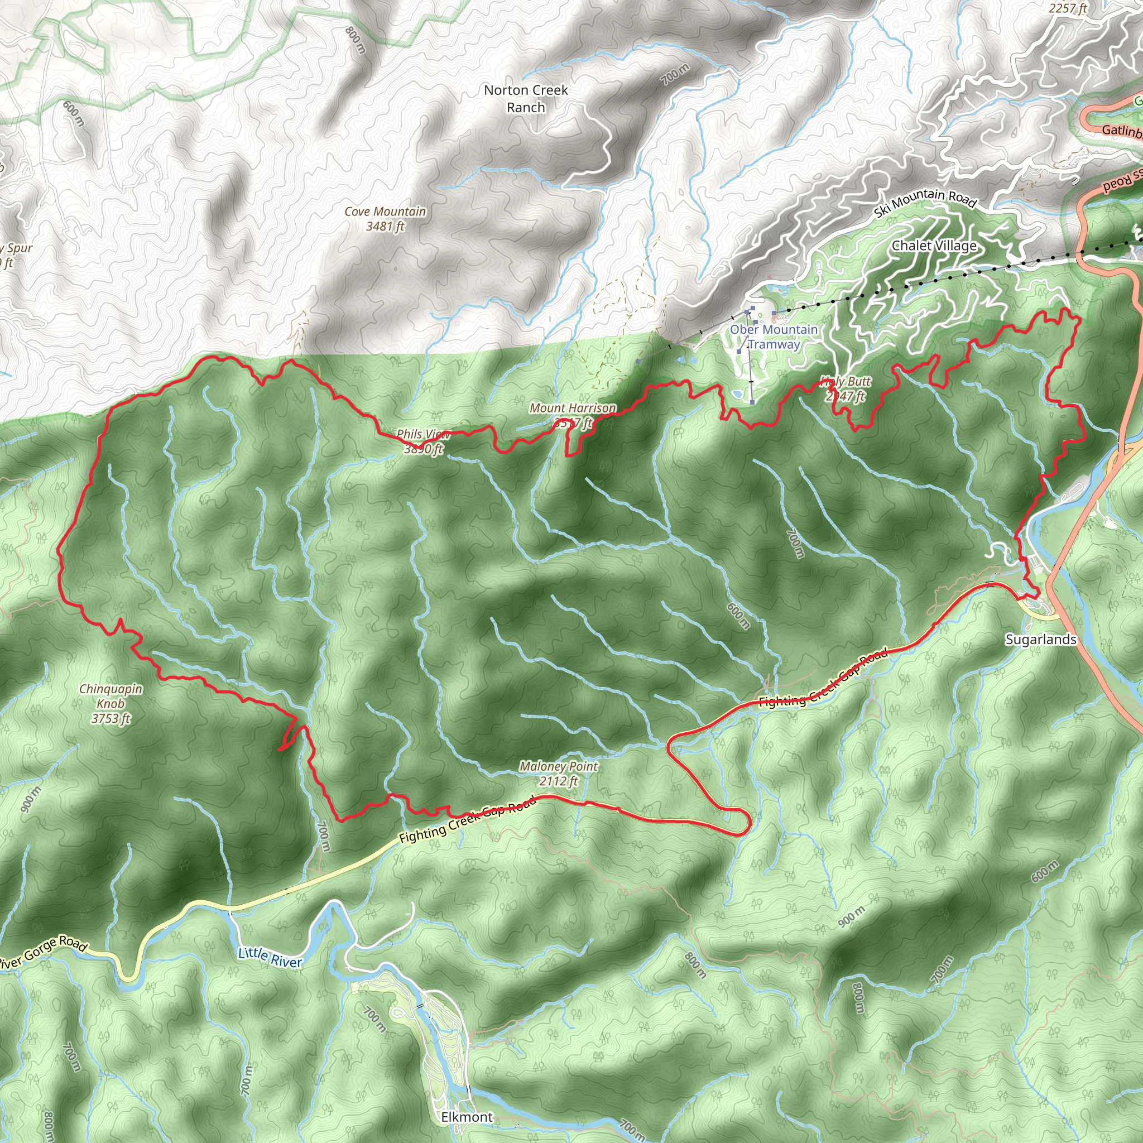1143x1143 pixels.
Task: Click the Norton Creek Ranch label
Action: pyautogui.click(x=525, y=98)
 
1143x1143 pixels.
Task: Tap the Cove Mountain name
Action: pyautogui.click(x=385, y=211)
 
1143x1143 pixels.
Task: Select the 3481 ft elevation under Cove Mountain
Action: pyautogui.click(x=385, y=226)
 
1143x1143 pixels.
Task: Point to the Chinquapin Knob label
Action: pyautogui.click(x=111, y=696)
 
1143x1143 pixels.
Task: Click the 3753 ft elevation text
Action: pyautogui.click(x=111, y=718)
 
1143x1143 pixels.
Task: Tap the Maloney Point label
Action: pyautogui.click(x=559, y=766)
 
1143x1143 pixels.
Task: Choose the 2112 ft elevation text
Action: pyautogui.click(x=558, y=781)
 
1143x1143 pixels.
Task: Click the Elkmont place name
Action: pyautogui.click(x=467, y=1117)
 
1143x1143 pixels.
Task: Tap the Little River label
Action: pyautogui.click(x=270, y=957)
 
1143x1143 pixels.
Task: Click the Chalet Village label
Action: pyautogui.click(x=934, y=246)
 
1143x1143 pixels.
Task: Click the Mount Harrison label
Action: pyautogui.click(x=573, y=407)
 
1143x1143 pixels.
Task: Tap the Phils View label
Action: pyautogui.click(x=422, y=434)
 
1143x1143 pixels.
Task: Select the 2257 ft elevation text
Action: pyautogui.click(x=1068, y=8)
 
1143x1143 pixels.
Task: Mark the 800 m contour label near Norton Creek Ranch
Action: pyautogui.click(x=356, y=40)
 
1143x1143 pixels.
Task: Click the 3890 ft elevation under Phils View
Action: pyautogui.click(x=423, y=449)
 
